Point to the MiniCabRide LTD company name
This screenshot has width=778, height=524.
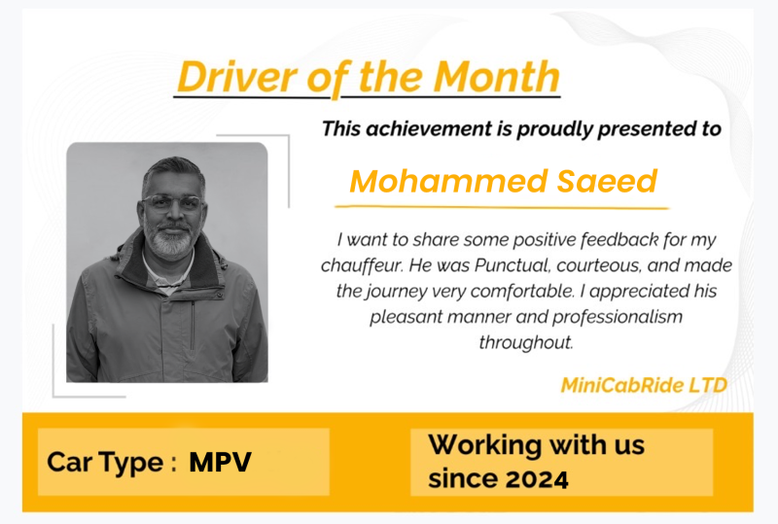click(644, 385)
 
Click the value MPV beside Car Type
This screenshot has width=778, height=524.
click(221, 462)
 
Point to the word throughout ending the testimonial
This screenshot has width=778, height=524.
click(524, 342)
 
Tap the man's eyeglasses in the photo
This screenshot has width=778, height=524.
click(172, 203)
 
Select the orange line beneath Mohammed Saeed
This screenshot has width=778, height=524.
click(502, 207)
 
